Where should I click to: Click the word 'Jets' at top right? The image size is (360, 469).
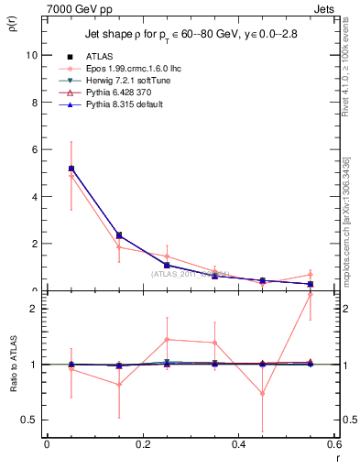323,7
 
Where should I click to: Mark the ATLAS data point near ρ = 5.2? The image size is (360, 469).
71,169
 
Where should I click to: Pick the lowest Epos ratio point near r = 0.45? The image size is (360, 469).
263,394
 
